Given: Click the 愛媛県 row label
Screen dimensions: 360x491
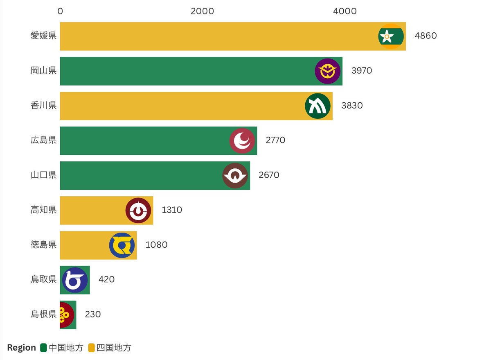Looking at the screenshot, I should coord(43,36).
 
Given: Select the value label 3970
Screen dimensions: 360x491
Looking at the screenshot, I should coord(361,70).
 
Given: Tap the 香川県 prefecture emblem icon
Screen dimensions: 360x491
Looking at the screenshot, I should coord(318,106).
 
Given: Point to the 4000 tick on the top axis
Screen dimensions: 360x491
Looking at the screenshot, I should coord(345,11).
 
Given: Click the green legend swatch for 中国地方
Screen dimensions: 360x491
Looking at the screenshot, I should coord(43,348).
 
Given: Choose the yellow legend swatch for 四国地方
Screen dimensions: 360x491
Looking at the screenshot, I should coord(91,348).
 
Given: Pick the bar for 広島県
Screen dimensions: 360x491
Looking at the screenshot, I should coord(158,141).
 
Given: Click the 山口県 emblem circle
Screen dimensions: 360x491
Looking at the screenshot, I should coord(235,176).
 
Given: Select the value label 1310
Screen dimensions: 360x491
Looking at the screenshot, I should coord(172,210).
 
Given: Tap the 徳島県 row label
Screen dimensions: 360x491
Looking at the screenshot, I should coord(43,245).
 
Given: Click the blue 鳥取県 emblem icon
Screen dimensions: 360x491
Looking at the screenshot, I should coord(75,280).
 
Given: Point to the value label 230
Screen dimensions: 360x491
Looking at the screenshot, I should coord(93,315).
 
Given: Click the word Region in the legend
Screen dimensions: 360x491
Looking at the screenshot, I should coord(22,348).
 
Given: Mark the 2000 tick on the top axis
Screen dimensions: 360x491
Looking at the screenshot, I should coord(203,11).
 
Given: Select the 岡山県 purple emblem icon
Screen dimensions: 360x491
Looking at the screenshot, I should coord(327,71).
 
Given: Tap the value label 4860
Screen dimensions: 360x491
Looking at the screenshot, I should coord(426,36).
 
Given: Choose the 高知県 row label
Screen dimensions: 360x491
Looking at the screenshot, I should coord(43,210).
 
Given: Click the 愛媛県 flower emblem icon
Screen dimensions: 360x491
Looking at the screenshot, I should coord(391,36).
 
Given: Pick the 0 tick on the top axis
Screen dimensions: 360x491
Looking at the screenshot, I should coord(60,11).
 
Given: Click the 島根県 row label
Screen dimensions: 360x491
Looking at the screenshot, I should coord(43,315).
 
